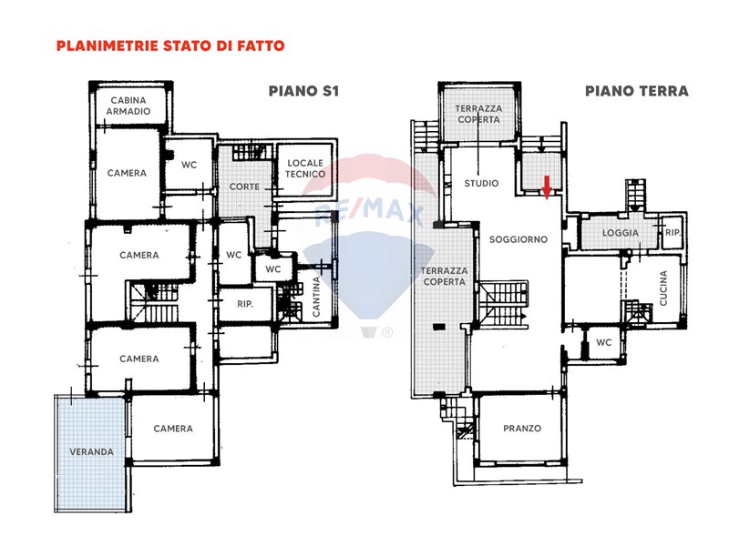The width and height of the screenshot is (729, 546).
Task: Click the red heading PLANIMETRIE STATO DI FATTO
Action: click(170, 46)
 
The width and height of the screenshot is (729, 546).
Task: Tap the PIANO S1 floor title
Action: click(303, 91)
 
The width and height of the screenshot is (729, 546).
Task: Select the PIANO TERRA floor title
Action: click(636, 91)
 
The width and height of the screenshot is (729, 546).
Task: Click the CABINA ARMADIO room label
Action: click(128, 106)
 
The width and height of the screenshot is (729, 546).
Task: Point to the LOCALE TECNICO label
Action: click(305, 168)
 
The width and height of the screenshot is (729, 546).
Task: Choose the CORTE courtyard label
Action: click(244, 187)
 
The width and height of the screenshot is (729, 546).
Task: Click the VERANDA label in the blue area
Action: click(92, 451)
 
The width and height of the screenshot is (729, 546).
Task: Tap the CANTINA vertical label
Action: click(316, 298)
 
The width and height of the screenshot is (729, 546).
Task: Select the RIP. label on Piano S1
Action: click(245, 305)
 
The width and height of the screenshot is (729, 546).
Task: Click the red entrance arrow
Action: click(548, 187)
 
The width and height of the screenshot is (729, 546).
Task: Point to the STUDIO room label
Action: click(481, 184)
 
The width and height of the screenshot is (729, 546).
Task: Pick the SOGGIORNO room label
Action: click(519, 239)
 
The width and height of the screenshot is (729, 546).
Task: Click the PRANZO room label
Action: click(522, 429)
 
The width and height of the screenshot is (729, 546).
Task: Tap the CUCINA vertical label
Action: click(663, 288)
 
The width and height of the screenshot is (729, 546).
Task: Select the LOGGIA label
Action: click(621, 233)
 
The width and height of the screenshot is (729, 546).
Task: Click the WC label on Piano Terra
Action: click(604, 343)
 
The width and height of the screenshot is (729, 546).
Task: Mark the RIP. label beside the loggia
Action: click(673, 232)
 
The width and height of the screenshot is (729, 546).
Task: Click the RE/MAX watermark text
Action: click(369, 212)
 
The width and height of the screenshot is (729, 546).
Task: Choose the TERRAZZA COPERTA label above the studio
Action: click(478, 114)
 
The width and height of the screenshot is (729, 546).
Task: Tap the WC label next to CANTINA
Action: click(272, 269)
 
